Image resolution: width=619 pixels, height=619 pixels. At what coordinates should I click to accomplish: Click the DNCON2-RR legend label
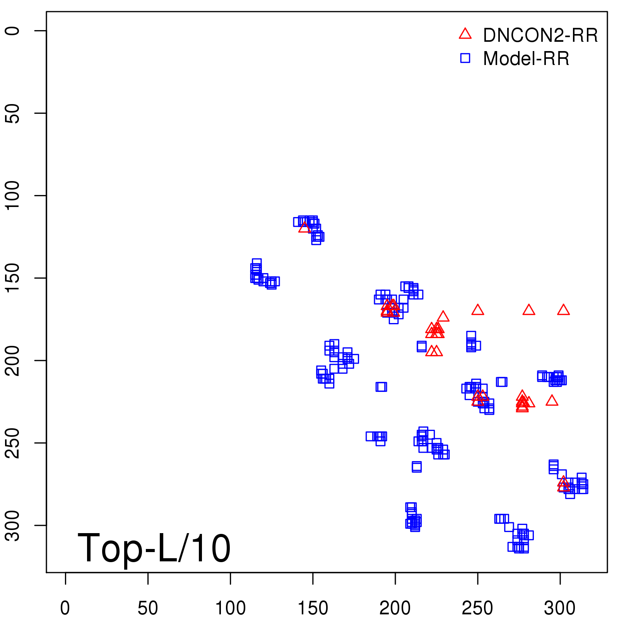540,36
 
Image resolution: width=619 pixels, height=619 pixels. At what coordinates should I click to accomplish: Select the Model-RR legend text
526,59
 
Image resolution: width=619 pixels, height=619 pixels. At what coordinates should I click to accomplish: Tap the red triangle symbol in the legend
465,34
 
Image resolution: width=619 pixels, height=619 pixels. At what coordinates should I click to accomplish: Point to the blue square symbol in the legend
465,58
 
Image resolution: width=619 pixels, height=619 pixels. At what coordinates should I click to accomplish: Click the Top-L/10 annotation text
154,548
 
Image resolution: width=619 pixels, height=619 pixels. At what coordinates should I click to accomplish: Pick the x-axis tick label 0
65,608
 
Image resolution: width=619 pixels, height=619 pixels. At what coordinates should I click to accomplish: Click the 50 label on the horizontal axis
148,608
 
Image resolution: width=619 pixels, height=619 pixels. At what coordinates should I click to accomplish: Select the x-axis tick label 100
230,608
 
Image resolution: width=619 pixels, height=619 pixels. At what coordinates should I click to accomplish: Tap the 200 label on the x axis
395,608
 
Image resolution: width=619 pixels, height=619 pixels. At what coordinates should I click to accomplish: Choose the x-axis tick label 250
477,608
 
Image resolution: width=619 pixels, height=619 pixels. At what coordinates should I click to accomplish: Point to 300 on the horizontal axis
560,608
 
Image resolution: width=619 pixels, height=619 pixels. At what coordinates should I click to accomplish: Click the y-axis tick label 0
12,31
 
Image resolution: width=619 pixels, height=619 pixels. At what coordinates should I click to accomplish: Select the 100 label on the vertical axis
12,195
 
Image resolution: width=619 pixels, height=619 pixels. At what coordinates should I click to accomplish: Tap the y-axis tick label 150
12,278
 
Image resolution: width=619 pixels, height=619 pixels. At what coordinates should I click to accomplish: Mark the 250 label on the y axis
12,443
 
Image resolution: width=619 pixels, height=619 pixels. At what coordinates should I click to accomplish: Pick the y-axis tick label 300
12,525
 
